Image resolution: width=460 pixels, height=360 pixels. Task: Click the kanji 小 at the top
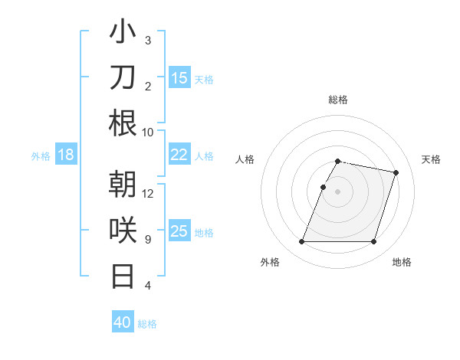123,33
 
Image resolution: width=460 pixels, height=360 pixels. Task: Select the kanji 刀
123,77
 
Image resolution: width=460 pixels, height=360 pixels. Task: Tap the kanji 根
123,123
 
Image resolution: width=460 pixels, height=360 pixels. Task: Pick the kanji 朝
123,185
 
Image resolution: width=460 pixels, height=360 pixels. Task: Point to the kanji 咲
123,231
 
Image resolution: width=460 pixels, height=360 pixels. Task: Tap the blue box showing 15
179,78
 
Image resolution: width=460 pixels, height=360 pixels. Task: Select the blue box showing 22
179,155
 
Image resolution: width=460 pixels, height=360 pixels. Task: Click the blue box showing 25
179,231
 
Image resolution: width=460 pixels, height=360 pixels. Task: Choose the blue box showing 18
66,155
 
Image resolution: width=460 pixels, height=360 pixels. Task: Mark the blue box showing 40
122,322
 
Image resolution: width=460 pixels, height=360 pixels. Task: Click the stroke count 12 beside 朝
148,194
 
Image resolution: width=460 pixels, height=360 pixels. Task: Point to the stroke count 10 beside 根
148,132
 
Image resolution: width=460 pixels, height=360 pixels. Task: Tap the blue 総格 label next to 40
147,324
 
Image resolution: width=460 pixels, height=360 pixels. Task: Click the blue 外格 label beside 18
41,156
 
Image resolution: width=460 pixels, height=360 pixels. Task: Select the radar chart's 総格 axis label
338,100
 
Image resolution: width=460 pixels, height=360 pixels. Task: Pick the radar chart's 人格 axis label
245,159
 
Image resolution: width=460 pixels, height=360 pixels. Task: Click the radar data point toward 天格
396,173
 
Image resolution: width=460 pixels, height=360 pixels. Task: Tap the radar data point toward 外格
302,242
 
